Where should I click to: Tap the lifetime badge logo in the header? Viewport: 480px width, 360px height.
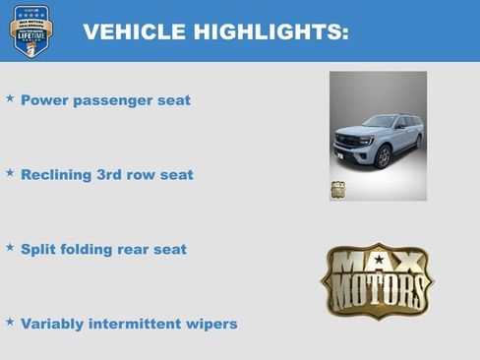[x=30, y=30]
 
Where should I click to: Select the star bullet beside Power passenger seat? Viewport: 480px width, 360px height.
[x=10, y=98]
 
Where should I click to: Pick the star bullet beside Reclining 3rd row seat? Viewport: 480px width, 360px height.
[x=10, y=173]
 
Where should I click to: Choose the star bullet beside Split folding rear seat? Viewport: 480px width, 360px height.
[x=10, y=248]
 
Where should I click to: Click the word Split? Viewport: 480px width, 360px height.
[x=39, y=249]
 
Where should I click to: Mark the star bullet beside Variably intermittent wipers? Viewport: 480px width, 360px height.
[x=10, y=322]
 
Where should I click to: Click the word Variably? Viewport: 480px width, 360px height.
[x=54, y=324]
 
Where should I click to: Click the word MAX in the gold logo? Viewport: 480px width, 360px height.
[x=378, y=263]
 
